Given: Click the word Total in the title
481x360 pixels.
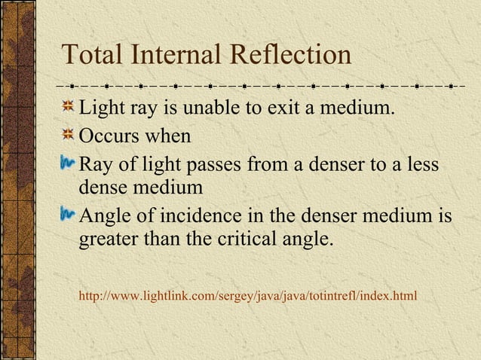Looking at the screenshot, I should (x=92, y=54).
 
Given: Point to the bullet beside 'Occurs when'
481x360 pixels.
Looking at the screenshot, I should (x=68, y=136).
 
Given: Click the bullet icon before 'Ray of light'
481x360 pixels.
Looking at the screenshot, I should (x=68, y=162).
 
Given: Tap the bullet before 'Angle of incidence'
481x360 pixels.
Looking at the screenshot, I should (x=68, y=215).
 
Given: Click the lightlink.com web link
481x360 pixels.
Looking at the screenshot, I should (x=247, y=294).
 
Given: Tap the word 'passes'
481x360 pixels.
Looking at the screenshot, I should (x=217, y=163).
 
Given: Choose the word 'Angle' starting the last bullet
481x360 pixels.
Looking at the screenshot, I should (x=105, y=217).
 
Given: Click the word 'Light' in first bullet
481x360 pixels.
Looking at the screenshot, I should (x=103, y=110).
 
